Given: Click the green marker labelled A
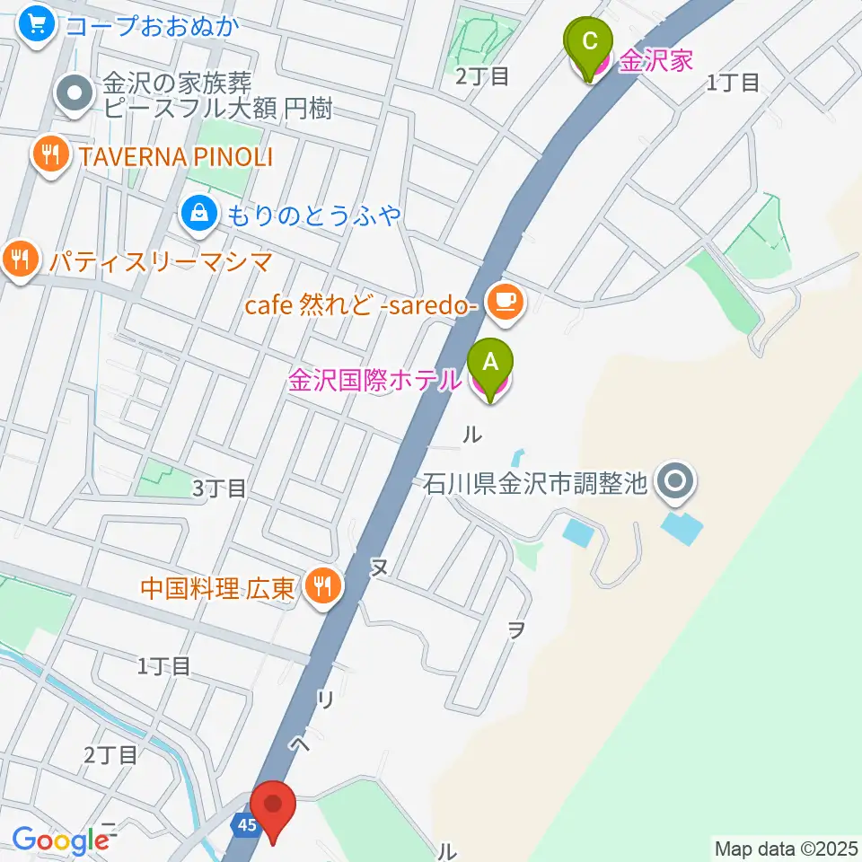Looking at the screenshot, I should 490,364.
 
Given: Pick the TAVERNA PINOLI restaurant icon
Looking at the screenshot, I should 53,156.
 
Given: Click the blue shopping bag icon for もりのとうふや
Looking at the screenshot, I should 198,214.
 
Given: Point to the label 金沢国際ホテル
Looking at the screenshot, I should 374,381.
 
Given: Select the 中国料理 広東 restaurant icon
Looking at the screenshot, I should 321,588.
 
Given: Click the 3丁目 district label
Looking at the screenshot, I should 219,489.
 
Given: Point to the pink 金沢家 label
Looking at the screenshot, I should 657,61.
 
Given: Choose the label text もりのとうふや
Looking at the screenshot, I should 312,215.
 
